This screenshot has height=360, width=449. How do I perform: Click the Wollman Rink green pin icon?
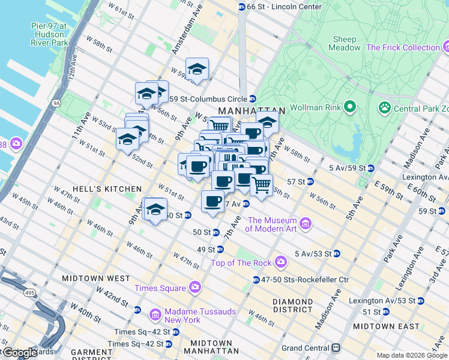[x=349, y=107]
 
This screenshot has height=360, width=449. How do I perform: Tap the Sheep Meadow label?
[x=345, y=44]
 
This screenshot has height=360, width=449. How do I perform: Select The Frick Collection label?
[x=403, y=47]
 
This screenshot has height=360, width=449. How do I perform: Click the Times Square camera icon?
[x=194, y=288]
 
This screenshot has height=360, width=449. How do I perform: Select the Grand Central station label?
[x=308, y=348]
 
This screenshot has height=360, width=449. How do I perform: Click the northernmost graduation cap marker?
[x=197, y=70]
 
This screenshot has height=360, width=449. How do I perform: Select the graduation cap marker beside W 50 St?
[x=155, y=210]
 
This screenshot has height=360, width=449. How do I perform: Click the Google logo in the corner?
[x=19, y=352]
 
